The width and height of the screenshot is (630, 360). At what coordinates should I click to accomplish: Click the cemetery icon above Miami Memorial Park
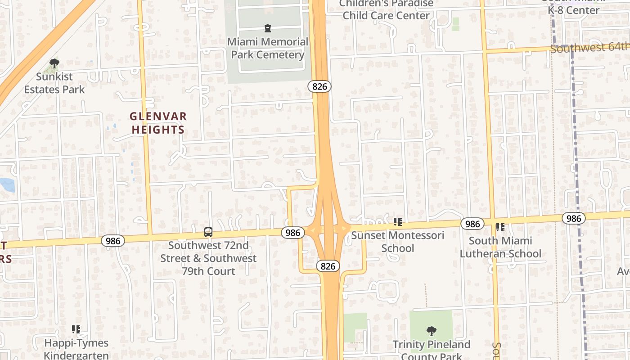[x=268, y=28]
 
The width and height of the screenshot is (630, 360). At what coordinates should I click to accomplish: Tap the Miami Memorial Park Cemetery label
[x=268, y=48]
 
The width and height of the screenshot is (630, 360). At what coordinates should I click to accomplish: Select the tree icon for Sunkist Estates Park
[x=54, y=63]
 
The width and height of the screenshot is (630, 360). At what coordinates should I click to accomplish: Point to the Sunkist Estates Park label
[x=54, y=83]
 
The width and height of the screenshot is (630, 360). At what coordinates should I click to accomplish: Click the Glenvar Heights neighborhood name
[x=158, y=123]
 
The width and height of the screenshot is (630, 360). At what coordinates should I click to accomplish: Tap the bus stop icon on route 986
[x=208, y=232]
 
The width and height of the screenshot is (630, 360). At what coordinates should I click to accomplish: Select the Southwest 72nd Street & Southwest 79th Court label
[x=208, y=258]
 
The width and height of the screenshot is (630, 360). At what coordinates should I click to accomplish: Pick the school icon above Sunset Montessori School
[x=397, y=221]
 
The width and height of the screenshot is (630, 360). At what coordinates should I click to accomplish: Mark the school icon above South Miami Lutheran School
[x=500, y=228]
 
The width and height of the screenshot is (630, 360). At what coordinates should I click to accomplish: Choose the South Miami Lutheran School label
[x=500, y=247]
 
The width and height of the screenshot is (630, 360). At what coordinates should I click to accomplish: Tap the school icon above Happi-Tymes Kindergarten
[x=76, y=330]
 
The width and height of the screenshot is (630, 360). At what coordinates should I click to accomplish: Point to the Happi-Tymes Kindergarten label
[x=76, y=349]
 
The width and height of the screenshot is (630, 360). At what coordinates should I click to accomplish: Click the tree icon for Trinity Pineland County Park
[x=431, y=332]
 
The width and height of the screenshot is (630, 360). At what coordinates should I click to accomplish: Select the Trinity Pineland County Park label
[x=431, y=350]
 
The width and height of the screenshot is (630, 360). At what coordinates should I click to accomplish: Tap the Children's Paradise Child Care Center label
[x=386, y=9]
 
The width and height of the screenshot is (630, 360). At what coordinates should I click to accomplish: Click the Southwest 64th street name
[x=589, y=47]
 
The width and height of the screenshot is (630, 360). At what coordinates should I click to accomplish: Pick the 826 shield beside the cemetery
[x=319, y=86]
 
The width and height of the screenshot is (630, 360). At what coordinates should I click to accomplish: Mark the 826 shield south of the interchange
[x=328, y=266]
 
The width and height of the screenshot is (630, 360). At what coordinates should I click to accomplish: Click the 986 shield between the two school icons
[x=472, y=224]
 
